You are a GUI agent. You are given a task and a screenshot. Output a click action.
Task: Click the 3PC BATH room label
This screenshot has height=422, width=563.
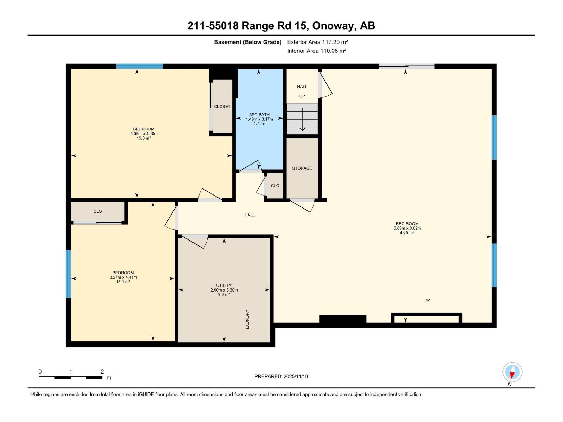[x=259, y=115]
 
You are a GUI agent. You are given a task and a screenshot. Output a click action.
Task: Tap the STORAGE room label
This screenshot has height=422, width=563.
[x=302, y=168]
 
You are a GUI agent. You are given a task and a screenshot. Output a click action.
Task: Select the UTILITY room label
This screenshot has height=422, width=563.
[x=224, y=286]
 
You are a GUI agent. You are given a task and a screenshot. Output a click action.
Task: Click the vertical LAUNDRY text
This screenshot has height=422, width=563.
[x=247, y=319]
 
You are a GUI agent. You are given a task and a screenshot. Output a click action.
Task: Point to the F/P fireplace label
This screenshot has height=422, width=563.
[x=426, y=300]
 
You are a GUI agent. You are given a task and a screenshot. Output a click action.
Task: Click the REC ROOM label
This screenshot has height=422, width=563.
[x=407, y=224]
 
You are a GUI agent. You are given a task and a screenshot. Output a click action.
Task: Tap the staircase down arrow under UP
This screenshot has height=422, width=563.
[x=302, y=120]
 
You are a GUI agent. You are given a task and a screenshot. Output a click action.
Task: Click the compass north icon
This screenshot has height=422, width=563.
[x=512, y=372]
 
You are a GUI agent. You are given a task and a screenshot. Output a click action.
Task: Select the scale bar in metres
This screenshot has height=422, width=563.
[x=70, y=378]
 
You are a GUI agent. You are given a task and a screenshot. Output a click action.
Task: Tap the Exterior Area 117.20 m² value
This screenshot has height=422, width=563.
[x=317, y=42]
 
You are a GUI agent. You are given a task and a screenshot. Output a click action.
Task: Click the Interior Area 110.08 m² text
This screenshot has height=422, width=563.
[x=316, y=51]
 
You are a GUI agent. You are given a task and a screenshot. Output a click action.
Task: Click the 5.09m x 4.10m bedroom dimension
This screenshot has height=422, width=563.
[x=144, y=134]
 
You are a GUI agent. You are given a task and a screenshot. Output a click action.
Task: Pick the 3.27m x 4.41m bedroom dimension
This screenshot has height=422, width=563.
[x=123, y=277]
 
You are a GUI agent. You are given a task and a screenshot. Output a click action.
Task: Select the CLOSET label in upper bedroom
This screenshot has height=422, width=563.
[x=222, y=106]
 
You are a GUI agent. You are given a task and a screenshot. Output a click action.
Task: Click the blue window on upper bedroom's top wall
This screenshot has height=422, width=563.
[x=140, y=66]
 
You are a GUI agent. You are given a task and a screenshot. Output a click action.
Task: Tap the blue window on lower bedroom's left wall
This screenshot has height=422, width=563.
[x=68, y=274]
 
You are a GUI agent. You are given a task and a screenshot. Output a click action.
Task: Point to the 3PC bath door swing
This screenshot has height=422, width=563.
[x=251, y=167]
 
